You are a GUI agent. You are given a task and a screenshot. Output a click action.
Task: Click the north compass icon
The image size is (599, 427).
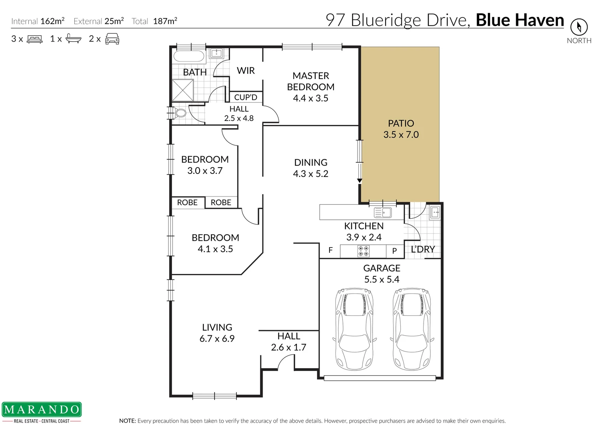click(579, 27)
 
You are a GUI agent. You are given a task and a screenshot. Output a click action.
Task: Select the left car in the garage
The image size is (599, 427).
click(354, 329)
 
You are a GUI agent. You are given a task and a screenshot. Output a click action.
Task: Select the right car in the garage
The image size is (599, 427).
click(412, 329)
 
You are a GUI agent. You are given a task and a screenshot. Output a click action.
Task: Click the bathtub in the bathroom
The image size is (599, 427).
click(189, 56)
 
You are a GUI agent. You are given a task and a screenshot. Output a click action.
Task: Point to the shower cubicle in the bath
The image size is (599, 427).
click(183, 90)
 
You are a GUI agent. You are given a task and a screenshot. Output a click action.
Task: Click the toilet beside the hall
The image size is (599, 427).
click(180, 113)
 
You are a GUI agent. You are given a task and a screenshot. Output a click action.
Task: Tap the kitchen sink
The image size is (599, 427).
click(383, 213)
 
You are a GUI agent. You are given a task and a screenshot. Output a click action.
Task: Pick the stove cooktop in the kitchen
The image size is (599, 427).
click(363, 251)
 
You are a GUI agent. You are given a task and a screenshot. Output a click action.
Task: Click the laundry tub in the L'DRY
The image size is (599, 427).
click(435, 212)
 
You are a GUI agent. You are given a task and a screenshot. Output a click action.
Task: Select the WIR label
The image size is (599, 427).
click(246, 71)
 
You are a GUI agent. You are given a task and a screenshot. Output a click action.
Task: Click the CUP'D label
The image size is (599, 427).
click(245, 97)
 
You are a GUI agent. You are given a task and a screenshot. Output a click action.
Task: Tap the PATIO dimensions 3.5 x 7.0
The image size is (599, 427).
click(401, 135)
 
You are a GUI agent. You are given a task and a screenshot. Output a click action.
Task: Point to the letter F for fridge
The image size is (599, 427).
click(330, 250)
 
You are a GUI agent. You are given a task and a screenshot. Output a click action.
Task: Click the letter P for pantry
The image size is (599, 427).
click(394, 251)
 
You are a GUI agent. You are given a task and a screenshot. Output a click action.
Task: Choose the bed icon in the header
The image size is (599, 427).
click(35, 39)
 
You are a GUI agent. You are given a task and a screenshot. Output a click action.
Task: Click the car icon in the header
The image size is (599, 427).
click(112, 39)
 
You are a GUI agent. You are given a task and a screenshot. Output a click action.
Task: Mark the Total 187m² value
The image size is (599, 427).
click(165, 21)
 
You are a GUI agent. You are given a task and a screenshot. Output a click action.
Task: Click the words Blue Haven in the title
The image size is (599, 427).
click(520, 20)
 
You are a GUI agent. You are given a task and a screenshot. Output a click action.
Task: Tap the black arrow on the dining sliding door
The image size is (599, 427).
click(360, 181)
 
